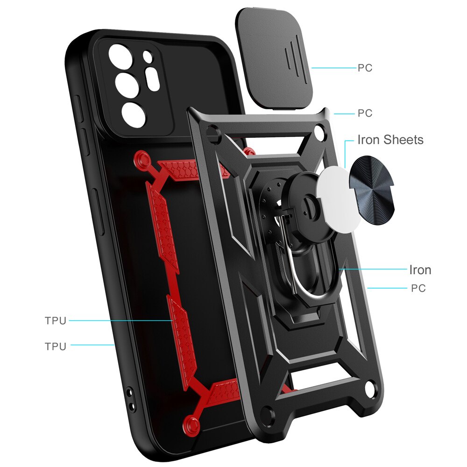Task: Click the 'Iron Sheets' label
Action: [x=390, y=140]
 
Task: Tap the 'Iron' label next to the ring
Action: [x=420, y=270]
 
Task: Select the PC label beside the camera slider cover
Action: [x=365, y=68]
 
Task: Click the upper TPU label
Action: [x=56, y=321]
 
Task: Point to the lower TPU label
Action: [x=56, y=347]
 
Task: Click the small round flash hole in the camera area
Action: [x=148, y=56]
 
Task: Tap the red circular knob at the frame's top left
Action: [x=142, y=158]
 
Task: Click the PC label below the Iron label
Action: [x=418, y=288]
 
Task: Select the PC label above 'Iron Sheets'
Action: [x=365, y=113]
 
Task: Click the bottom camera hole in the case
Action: [x=134, y=115]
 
